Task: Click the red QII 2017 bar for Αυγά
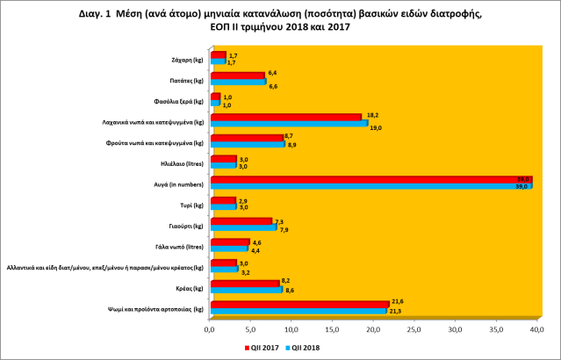[x=369, y=180]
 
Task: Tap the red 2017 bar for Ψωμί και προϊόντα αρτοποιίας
[x=298, y=304]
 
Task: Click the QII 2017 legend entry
[x=263, y=348]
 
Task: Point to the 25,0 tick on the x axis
[x=415, y=329]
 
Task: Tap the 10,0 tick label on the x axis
[x=291, y=329]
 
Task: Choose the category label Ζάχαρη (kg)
[x=188, y=60]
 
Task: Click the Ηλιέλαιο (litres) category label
[x=183, y=163]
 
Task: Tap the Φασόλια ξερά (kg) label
[x=182, y=101]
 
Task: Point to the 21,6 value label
[x=396, y=300]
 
